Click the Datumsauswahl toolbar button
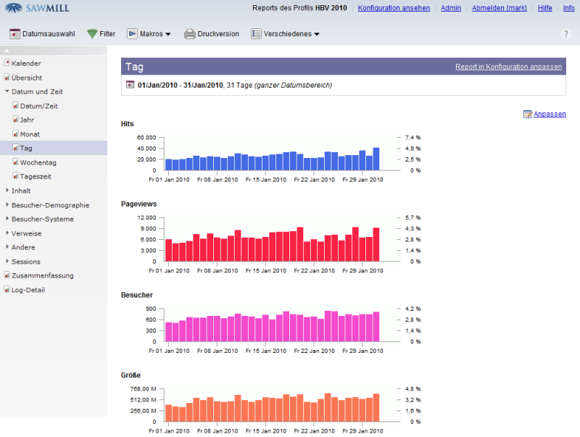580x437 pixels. [42, 34]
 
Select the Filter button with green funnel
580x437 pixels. [101, 34]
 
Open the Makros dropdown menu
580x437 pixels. [149, 34]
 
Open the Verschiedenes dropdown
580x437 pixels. [285, 34]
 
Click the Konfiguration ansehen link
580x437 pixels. [394, 8]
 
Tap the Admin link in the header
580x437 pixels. [451, 8]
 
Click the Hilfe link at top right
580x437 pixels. [544, 8]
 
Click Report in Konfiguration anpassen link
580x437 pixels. [508, 67]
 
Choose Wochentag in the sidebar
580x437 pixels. [38, 162]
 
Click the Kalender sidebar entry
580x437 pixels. [26, 63]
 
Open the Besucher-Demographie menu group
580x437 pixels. [50, 204]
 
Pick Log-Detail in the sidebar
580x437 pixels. [28, 289]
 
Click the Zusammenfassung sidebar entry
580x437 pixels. [42, 275]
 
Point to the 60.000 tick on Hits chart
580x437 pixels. [146, 137]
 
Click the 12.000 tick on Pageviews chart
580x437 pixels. [146, 217]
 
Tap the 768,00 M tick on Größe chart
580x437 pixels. [142, 388]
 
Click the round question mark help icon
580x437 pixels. [566, 34]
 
